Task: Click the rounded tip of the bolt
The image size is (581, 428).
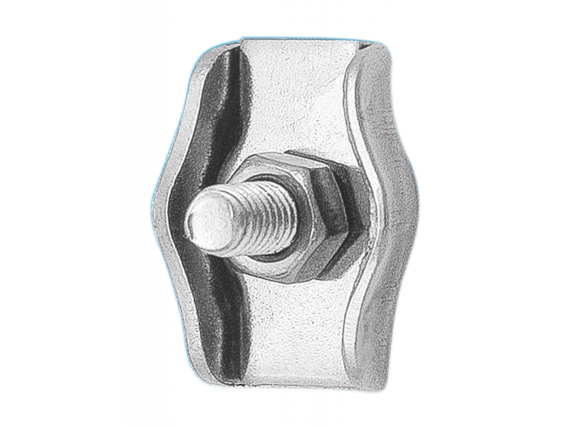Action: pos(205,218)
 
